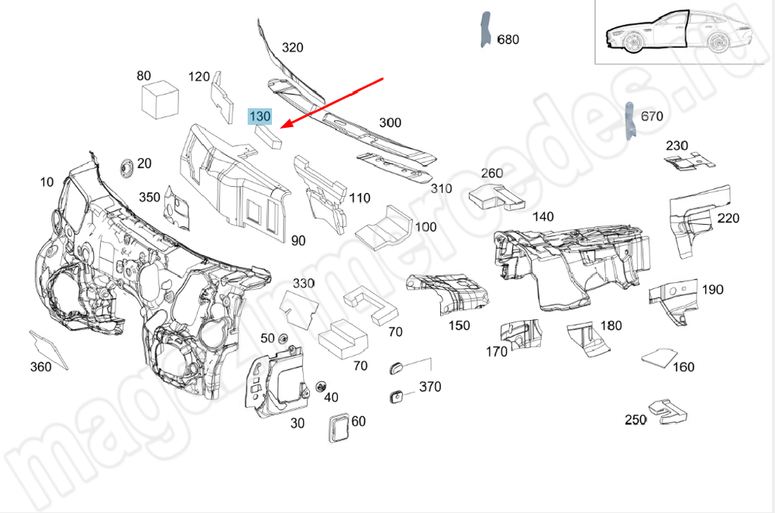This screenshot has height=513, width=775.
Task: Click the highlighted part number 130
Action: [x=259, y=116]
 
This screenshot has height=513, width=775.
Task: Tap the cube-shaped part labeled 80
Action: [x=160, y=99]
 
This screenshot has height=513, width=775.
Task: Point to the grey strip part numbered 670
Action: [x=630, y=121]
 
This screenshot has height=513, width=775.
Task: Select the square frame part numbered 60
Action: [x=339, y=427]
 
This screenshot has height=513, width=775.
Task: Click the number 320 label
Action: [x=292, y=47]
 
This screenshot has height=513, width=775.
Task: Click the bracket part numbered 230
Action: [x=689, y=161]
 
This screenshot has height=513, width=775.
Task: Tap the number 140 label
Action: [x=542, y=217]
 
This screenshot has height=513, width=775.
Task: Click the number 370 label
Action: [x=430, y=387]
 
